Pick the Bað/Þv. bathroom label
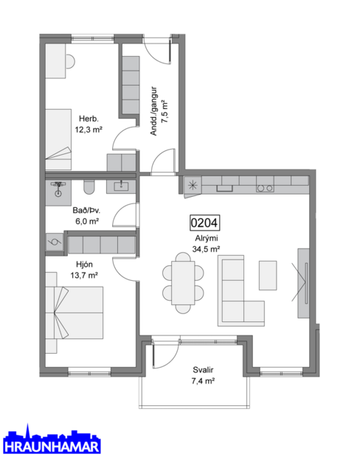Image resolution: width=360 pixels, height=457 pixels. click(86, 209)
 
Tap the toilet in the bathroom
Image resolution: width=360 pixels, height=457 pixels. click(89, 186)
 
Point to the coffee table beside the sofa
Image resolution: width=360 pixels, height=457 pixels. click(267, 275)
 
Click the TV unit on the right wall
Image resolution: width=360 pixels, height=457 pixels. click(302, 283)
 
